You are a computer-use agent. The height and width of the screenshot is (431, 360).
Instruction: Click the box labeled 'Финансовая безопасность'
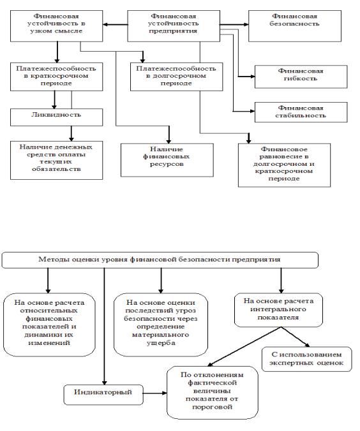pos(295,26)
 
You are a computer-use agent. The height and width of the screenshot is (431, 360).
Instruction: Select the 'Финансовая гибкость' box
pos(301,77)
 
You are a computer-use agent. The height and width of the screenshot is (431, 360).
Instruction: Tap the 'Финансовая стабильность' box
pos(301,112)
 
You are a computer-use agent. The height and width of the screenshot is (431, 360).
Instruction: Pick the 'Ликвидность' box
pos(56,117)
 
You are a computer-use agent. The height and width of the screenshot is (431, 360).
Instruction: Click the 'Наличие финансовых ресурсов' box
pos(167,160)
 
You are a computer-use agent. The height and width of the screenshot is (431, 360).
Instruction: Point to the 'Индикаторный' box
pos(103,395)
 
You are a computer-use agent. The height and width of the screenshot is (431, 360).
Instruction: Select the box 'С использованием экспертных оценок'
pos(306,359)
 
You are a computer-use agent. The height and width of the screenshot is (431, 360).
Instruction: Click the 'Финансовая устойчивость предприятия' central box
pos(174,26)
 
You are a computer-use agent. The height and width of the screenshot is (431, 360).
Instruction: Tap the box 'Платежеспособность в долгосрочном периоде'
pos(176,77)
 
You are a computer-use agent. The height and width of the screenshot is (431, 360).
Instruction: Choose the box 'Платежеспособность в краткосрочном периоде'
pos(56,77)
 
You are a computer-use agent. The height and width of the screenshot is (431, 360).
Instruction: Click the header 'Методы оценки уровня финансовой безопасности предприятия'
pos(160,260)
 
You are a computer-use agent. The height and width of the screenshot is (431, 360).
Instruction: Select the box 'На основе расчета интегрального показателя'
pos(278,310)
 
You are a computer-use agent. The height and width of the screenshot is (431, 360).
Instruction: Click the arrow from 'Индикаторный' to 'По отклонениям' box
pos(155,393)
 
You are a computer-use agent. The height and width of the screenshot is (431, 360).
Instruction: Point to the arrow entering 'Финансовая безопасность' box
pos(234,25)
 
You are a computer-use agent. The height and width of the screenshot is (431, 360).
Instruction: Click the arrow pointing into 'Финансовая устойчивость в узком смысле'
pos(115,25)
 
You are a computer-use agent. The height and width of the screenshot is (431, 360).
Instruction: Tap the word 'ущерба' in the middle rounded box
pos(161,343)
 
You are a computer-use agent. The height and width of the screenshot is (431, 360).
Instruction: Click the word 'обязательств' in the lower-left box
pos(56,169)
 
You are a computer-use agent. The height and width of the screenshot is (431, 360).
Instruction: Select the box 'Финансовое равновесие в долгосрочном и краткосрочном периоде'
pos(284,165)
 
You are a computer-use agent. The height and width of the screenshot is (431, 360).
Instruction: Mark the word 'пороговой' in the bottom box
pos(212,407)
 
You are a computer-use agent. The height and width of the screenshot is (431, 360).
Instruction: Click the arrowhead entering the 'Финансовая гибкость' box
pos(252,77)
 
